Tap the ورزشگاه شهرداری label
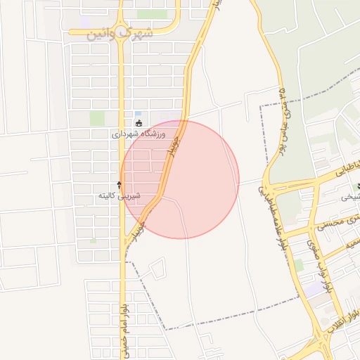(x=139, y=133)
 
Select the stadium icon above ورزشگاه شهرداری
(x=139, y=123)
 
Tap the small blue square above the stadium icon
(x=138, y=113)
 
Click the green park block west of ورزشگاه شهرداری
(x=97, y=118)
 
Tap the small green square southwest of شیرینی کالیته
(x=93, y=240)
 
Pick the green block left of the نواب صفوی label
(x=298, y=265)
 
